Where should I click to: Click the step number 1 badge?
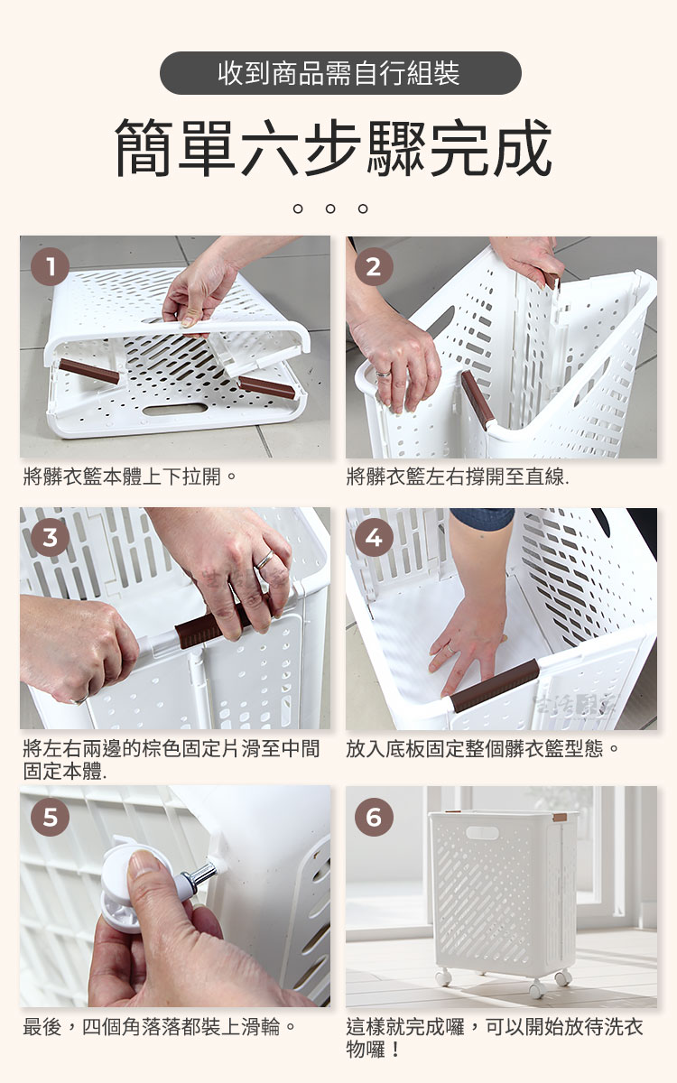coord(50,266)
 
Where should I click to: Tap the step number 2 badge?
coord(374,266)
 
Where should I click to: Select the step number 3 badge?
coord(50,537)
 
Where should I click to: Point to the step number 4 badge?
coord(374,537)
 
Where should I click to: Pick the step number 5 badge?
coord(50,817)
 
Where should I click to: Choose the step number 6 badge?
coord(374,817)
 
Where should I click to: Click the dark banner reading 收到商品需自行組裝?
coord(340,73)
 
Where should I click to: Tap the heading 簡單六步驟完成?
coord(334,147)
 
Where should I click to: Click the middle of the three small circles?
coord(330,208)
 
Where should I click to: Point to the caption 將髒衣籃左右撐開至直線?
coord(458,477)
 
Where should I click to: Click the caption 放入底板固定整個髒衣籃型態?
coord(482,749)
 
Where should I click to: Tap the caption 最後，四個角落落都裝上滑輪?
coord(159,1027)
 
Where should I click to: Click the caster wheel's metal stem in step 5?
coord(199,873)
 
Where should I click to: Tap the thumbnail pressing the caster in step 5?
coord(144,862)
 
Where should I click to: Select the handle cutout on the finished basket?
coord(482,832)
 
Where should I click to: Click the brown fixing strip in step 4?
coord(495,685)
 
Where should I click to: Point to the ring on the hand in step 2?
coord(384,374)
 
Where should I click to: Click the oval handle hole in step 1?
coord(175,409)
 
